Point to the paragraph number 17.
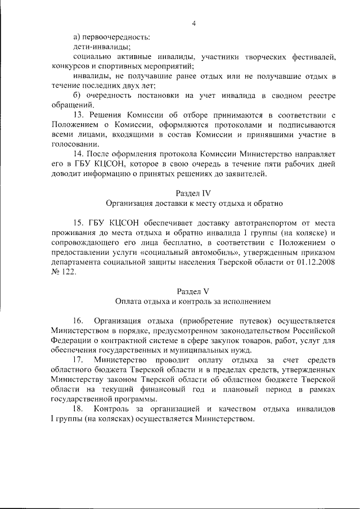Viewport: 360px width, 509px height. [78, 361]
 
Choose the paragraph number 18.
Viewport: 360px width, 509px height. [78, 409]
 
